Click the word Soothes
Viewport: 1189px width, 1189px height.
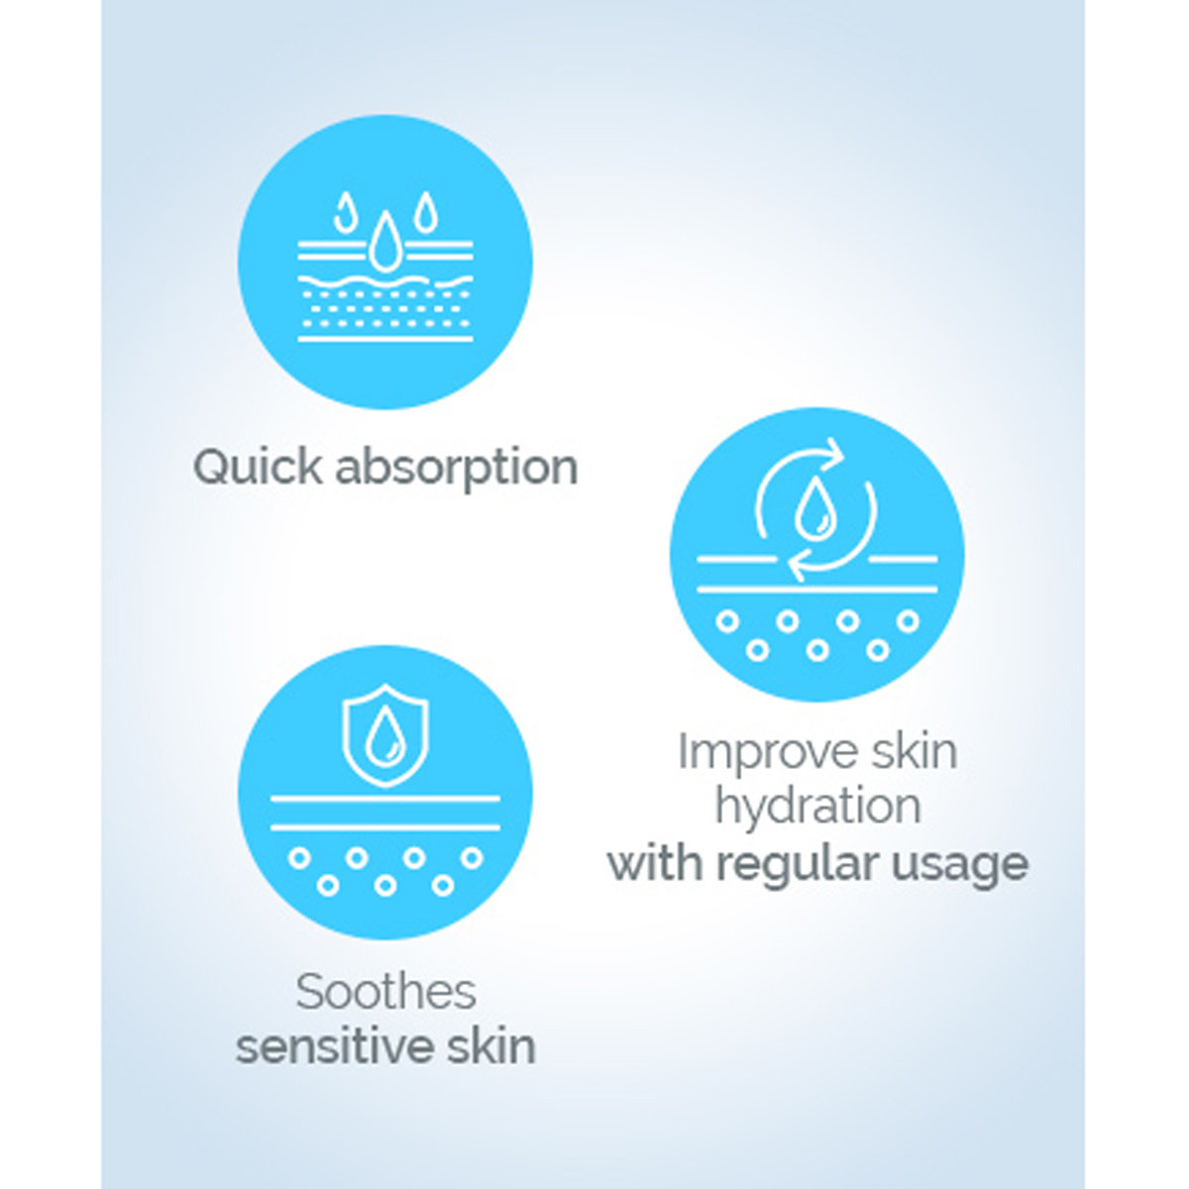[385, 993]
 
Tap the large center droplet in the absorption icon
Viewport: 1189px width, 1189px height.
[385, 243]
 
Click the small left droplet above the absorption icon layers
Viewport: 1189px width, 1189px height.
[344, 211]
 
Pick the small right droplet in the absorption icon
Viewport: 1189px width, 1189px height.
[425, 211]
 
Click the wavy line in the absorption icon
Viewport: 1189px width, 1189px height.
[385, 280]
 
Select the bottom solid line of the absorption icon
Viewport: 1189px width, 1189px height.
[385, 338]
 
